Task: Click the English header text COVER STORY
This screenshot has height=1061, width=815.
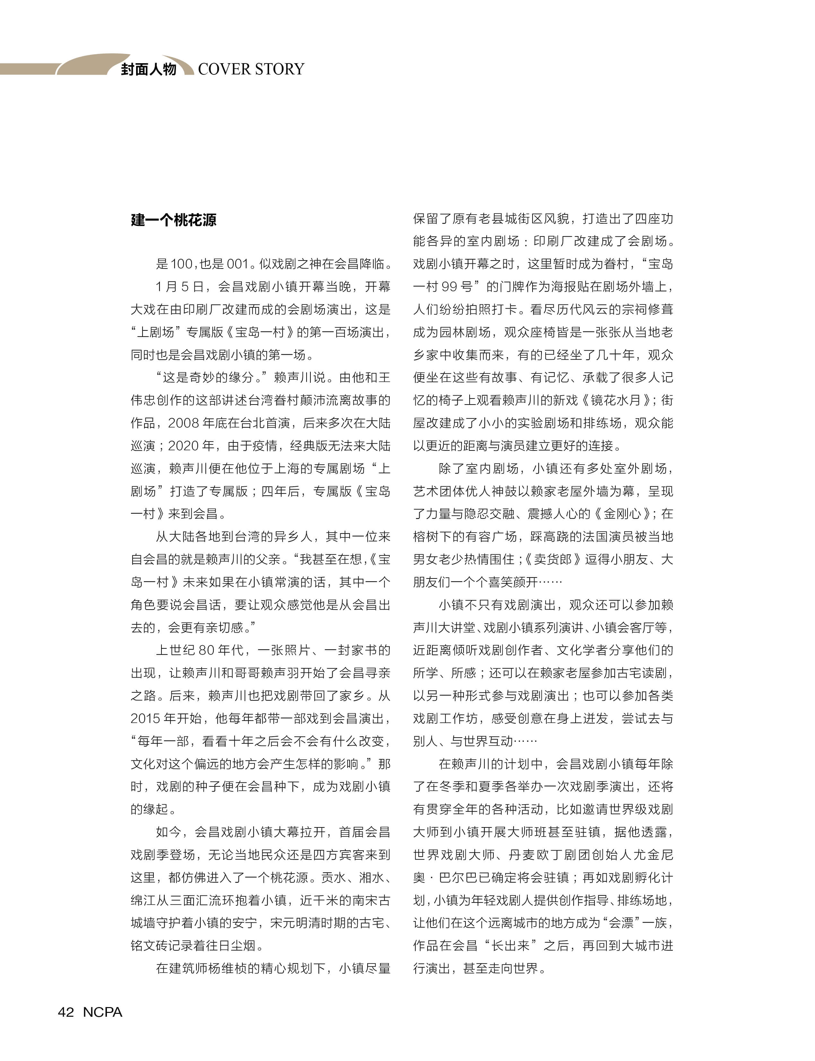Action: tap(251, 69)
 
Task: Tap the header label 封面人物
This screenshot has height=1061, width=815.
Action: tap(148, 69)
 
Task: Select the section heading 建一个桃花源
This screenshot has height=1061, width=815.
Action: tap(173, 220)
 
